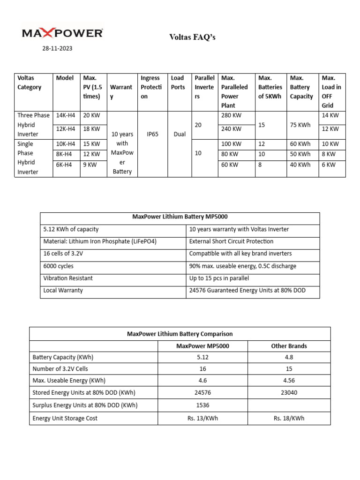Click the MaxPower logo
click(x=62, y=33)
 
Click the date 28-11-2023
click(x=57, y=48)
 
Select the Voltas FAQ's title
click(x=192, y=37)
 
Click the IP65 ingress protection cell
click(x=152, y=134)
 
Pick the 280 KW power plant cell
click(x=231, y=115)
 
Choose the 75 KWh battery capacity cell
click(x=300, y=125)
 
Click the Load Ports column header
click(x=178, y=82)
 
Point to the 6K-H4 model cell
click(x=64, y=165)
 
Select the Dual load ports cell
click(x=179, y=134)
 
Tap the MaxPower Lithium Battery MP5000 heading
click(x=180, y=217)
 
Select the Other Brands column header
click(x=289, y=346)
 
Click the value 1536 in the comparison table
click(x=202, y=405)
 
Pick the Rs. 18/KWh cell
click(x=289, y=418)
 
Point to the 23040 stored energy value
click(x=289, y=392)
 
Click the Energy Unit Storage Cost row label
click(x=65, y=418)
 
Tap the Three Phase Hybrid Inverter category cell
click(x=33, y=124)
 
